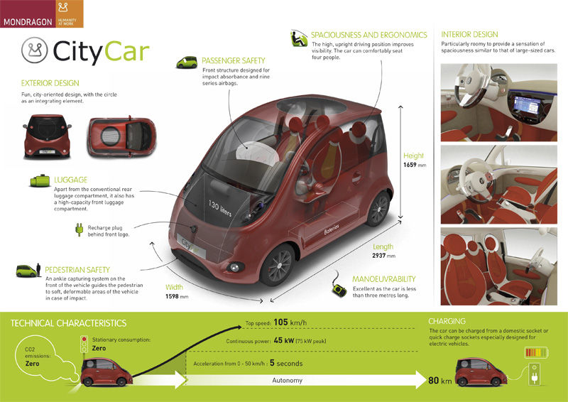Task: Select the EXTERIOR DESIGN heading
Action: tap(50, 83)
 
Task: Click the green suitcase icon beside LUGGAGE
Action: tap(38, 180)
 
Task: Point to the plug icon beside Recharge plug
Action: tap(80, 230)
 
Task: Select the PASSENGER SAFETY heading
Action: tap(233, 61)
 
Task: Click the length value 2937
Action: tap(380, 255)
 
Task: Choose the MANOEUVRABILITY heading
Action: tap(383, 279)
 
